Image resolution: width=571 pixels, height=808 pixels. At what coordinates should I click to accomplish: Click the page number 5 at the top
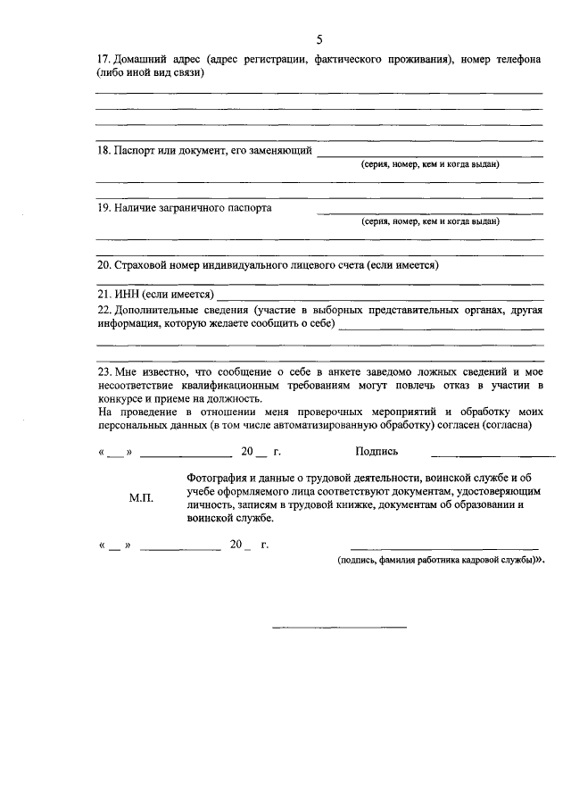coord(319,38)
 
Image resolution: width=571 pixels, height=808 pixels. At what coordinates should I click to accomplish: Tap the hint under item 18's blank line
coord(430,164)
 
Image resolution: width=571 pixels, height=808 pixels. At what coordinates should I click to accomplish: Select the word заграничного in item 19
coord(197,208)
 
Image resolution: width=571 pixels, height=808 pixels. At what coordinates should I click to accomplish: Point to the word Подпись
coord(376,452)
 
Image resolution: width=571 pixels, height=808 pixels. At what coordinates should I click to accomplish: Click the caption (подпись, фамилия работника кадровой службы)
coord(436,560)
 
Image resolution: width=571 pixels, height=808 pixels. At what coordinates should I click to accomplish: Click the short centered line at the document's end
coord(339,627)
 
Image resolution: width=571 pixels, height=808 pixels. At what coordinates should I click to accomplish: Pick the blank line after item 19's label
coord(430,213)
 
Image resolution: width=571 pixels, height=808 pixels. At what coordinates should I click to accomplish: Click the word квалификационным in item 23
coord(214,385)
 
